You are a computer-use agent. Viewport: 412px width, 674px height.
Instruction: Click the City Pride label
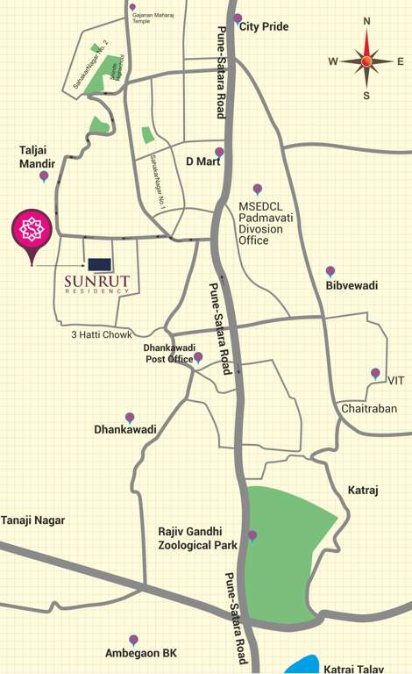click(264, 27)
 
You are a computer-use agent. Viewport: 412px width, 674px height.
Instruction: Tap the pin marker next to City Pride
click(238, 18)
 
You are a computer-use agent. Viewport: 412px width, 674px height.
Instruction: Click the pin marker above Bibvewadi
click(330, 271)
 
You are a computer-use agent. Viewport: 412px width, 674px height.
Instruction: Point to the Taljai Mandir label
click(38, 156)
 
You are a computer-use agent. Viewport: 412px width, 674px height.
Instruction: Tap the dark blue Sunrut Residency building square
click(99, 263)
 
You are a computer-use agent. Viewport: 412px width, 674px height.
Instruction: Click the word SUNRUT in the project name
click(98, 282)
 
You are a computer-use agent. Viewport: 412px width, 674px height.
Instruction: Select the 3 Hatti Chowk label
click(102, 334)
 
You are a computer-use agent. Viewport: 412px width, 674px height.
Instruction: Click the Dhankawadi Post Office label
click(170, 354)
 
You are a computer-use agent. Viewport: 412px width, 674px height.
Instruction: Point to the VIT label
click(396, 381)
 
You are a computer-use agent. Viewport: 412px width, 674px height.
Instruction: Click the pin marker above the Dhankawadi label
click(130, 417)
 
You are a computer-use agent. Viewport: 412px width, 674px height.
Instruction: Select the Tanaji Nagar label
click(33, 520)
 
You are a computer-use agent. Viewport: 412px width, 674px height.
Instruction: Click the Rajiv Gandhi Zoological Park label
click(197, 538)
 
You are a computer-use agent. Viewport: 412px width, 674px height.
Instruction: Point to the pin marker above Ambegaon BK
click(133, 640)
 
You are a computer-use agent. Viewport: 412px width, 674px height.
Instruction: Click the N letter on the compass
click(366, 21)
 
